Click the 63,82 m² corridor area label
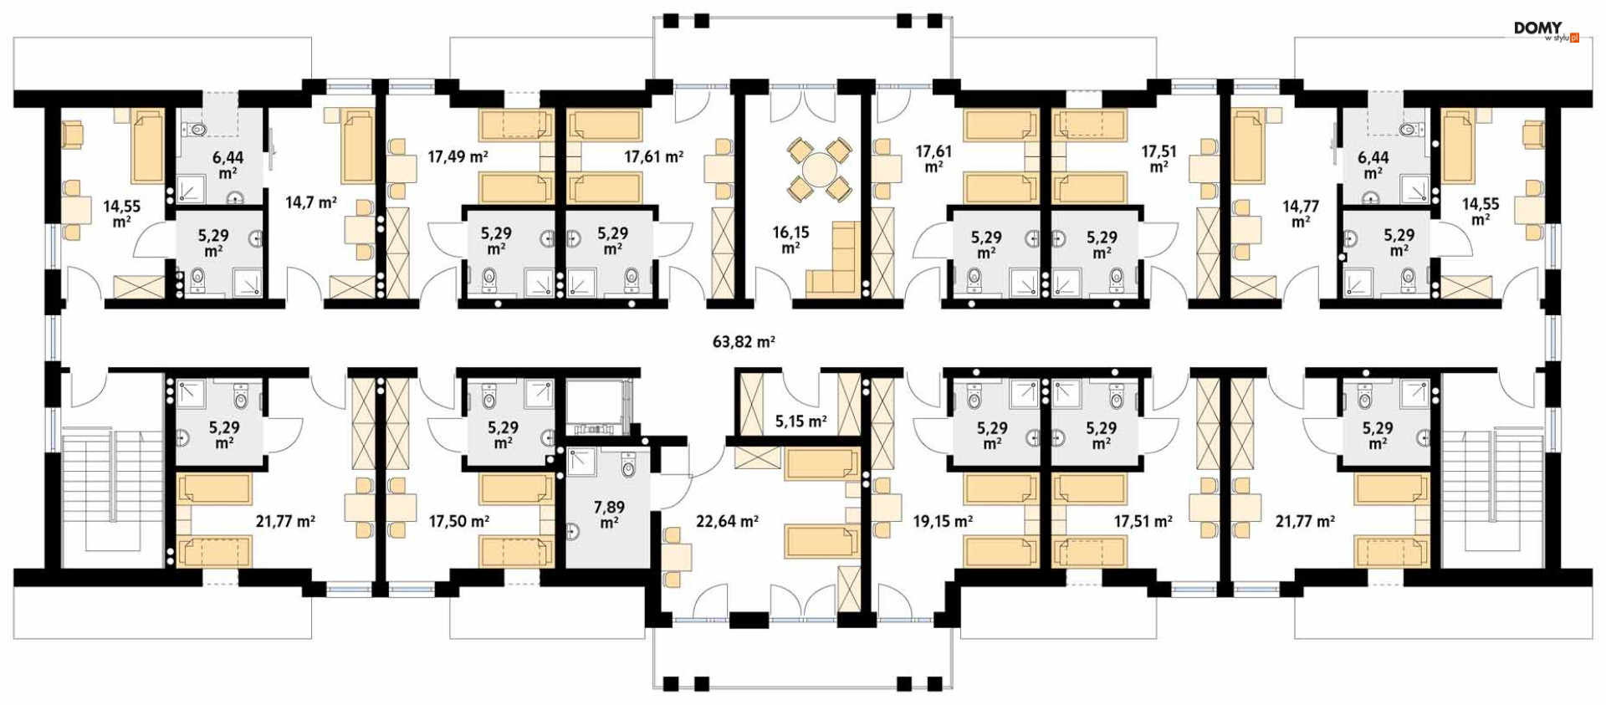pos(744,341)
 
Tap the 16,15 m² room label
pos(790,240)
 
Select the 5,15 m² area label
pos(800,421)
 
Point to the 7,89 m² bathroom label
pos(609,514)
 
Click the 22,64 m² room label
pos(727,521)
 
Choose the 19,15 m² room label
pos(943,521)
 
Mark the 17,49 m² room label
pos(458,156)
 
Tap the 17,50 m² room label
pos(458,521)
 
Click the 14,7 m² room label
pos(310,202)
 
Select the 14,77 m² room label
pos(1301,213)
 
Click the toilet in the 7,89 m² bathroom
pos(629,465)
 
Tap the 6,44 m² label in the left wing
pos(228,165)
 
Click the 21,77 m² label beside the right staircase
pos(1305,521)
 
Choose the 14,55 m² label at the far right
pos(1481,212)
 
